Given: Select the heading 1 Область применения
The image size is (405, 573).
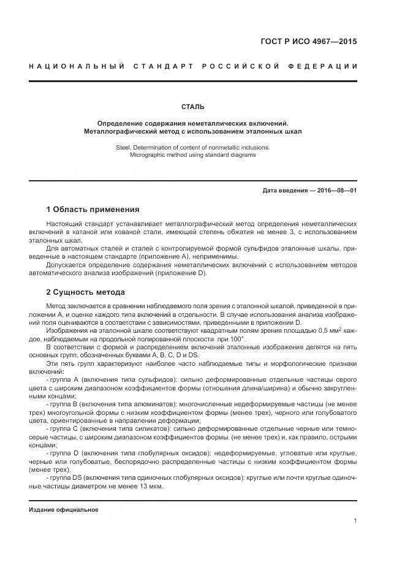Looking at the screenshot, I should tap(93, 209).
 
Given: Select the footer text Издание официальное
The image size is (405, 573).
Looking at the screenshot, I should tap(64, 509).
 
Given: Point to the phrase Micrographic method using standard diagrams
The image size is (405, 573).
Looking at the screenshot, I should tap(193, 155).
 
